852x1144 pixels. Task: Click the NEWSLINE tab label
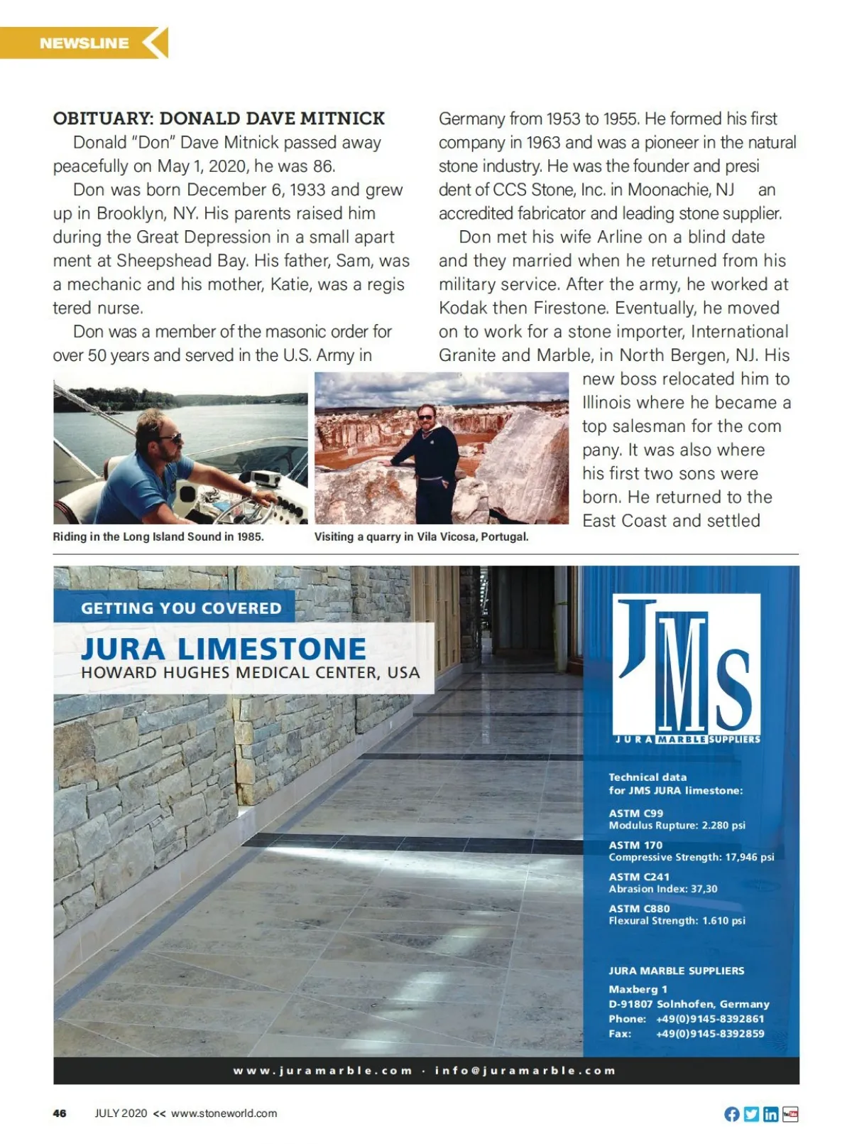(84, 43)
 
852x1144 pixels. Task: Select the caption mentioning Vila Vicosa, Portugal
(421, 536)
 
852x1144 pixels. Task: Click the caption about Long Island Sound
(158, 536)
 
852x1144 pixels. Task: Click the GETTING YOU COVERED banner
(181, 608)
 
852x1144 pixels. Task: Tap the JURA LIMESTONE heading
(224, 649)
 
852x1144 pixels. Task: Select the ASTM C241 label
(639, 877)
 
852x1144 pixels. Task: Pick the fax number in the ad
(710, 1033)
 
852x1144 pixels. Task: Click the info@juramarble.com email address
(525, 1071)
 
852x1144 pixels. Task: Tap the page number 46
(60, 1113)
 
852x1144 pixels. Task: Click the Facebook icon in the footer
(732, 1114)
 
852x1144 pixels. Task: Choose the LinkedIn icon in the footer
(770, 1114)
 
